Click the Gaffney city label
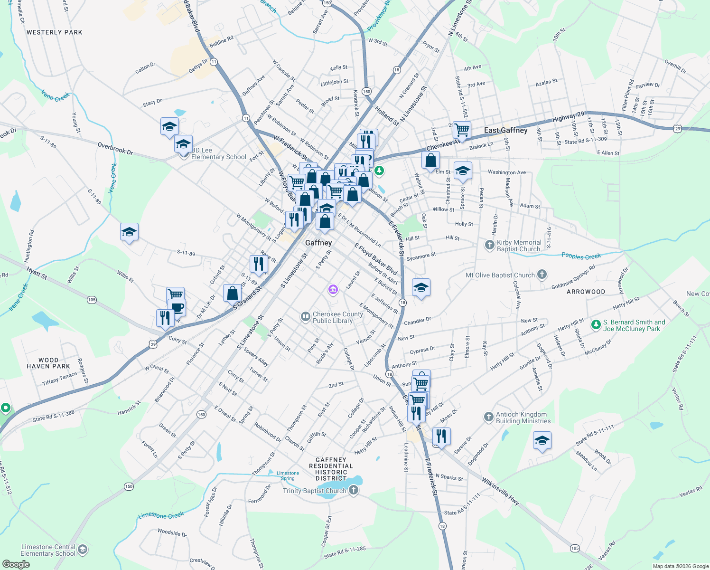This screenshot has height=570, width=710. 318,243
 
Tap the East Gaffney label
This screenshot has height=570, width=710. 505,130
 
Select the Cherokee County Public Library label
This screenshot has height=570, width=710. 337,317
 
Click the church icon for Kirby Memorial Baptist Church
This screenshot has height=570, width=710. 489,245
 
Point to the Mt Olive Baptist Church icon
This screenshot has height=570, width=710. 542,275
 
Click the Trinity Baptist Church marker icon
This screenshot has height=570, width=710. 353,491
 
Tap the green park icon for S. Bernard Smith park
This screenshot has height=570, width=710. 596,325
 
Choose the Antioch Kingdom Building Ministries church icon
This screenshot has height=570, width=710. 489,417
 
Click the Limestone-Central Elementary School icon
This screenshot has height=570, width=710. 82,550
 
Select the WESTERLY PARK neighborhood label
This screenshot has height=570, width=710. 55,32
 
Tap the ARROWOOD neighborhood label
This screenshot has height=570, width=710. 586,292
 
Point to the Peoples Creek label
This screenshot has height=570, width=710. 581,256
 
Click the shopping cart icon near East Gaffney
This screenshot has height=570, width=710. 461,129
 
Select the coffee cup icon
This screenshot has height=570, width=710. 177,308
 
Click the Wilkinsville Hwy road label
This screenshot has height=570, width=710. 500,491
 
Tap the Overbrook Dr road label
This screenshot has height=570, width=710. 115,149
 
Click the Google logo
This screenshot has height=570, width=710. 16,564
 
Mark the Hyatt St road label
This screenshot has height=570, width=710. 37,273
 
